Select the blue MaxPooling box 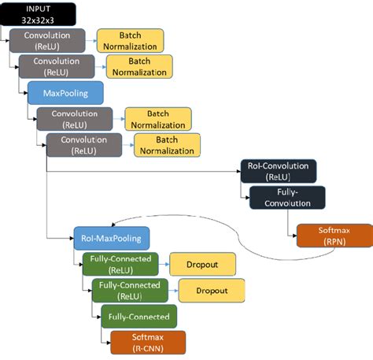tap(65, 92)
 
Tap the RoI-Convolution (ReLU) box tap(278, 171)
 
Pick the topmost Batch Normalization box tap(130, 40)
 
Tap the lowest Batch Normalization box tap(167, 145)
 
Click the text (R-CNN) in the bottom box tap(147, 347)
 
